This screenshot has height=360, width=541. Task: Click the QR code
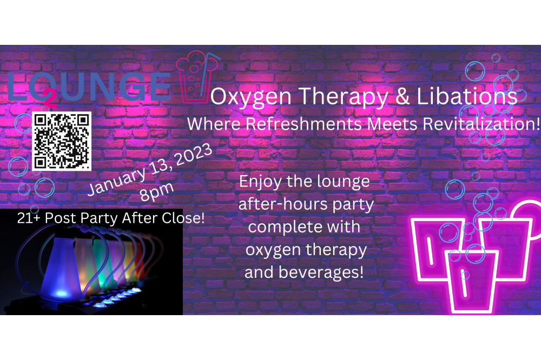tap(62, 141)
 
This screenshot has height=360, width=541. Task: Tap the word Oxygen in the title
tap(251, 97)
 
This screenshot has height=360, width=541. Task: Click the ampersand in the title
tap(403, 96)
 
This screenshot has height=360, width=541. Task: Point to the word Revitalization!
tap(481, 124)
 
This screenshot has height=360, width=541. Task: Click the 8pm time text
tap(157, 192)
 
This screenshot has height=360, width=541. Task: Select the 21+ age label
tap(29, 218)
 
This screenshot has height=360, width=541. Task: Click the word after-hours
tap(283, 204)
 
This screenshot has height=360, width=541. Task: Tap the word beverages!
tap(321, 272)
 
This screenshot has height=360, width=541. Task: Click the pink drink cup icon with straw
tap(197, 77)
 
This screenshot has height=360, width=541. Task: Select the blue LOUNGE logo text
tap(89, 87)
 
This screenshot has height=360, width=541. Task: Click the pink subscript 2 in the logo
tap(50, 99)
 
